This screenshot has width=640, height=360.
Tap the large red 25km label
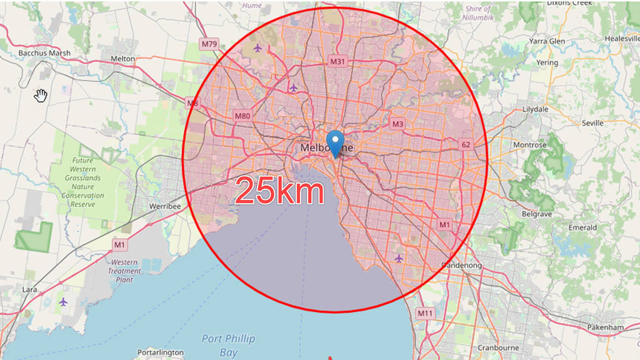pos(280,191)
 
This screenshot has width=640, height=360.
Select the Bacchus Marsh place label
pos(44,53)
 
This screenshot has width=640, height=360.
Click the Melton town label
pos(122,59)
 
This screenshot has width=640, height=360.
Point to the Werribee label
pos(165,206)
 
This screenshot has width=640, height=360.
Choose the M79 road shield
pos(209,44)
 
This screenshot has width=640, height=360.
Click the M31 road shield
pos(337,61)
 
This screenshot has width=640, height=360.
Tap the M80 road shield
pos(242,116)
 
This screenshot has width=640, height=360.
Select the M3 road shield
pos(397,124)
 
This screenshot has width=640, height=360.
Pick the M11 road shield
pos(425,313)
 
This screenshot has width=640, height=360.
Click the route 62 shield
pos(466,144)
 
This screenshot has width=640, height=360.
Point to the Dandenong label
pos(462,266)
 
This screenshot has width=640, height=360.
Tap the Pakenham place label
pos(606,327)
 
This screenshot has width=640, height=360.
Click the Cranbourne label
pos(498,347)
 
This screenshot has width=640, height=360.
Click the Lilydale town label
pos(535,109)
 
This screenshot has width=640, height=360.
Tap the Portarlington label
pos(161,352)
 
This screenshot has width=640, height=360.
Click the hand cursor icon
pos(41,95)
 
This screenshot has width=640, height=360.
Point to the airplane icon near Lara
pos(63,302)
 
